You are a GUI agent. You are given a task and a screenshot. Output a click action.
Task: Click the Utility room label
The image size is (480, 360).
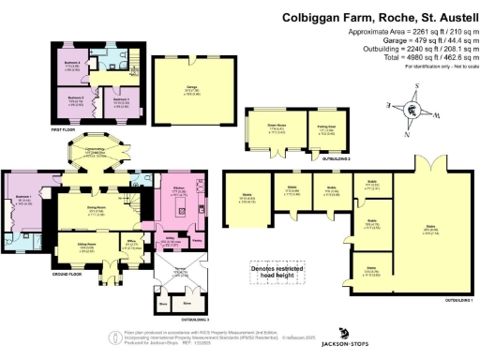[174, 240]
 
